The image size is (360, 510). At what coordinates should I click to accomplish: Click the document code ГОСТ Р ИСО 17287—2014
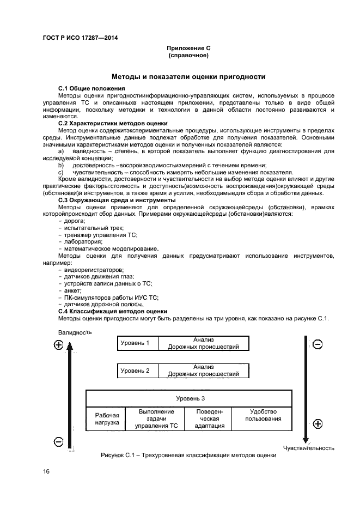tap(80, 38)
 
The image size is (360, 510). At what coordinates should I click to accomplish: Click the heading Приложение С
tap(188, 48)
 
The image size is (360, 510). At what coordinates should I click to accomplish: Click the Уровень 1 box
tap(135, 343)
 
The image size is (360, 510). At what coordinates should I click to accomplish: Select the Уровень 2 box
tap(135, 371)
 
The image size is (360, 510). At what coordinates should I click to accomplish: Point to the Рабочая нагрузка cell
tap(103, 419)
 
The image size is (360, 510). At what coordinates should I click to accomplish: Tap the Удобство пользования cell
tap(263, 415)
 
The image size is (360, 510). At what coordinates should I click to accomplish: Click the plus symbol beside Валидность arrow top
tap(59, 345)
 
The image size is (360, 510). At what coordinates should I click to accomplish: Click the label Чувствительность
tap(308, 448)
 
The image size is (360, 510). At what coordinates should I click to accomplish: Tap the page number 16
tap(47, 471)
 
